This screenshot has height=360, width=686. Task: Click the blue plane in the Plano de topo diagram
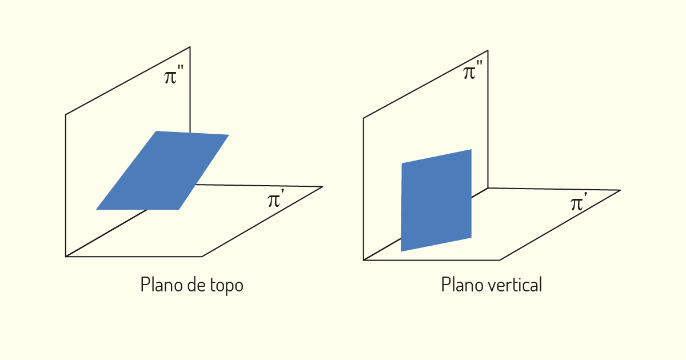coord(162,170)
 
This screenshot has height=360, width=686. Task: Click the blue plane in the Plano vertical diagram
coord(436,201)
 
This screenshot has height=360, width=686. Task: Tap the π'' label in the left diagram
coord(174,74)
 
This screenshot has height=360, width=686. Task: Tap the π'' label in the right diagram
coord(473,70)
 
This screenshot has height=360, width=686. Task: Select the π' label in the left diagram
coord(276,198)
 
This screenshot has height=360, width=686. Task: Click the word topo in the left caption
coord(226,285)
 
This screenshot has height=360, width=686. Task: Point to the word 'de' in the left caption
coord(197,285)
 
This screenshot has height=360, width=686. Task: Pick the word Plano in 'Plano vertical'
coord(462,285)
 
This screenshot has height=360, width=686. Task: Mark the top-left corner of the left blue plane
coord(156,131)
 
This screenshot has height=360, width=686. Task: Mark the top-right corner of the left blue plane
coord(229,135)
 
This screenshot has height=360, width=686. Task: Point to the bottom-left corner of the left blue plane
coord(96,210)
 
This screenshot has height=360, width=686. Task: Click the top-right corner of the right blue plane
coord(471,149)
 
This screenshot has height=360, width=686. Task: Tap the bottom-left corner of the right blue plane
coord(401,251)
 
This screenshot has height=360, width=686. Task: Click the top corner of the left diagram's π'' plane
coord(190,47)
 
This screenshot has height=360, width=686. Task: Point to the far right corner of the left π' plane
coord(322,186)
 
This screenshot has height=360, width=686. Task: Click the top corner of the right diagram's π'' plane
coord(488,50)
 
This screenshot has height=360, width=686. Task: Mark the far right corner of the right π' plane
coord(620,190)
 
